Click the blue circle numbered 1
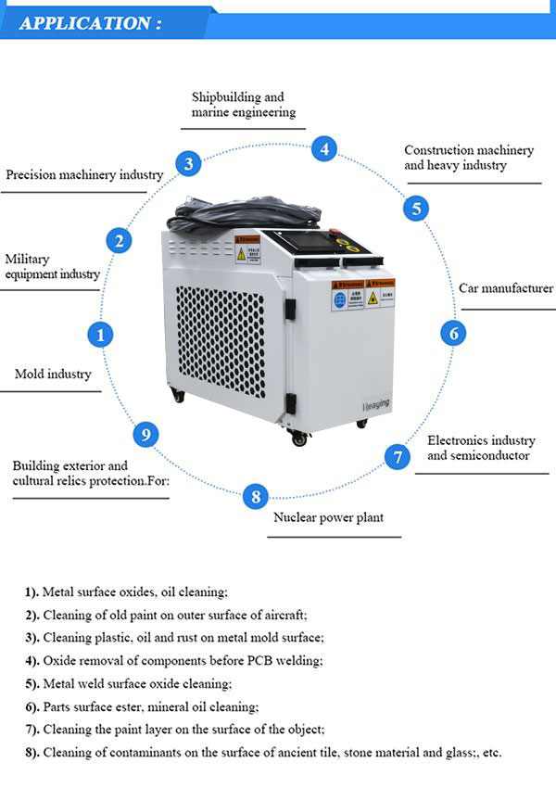[100, 334]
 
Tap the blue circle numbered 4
[323, 148]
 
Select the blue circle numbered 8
[256, 496]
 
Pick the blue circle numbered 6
[452, 332]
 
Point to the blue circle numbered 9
[145, 434]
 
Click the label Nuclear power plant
[328, 517]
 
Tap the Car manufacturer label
[505, 288]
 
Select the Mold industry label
[53, 375]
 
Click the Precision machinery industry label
[84, 174]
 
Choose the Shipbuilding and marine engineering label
[243, 104]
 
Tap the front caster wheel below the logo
[299, 438]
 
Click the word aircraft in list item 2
[284, 615]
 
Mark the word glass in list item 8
[460, 753]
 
